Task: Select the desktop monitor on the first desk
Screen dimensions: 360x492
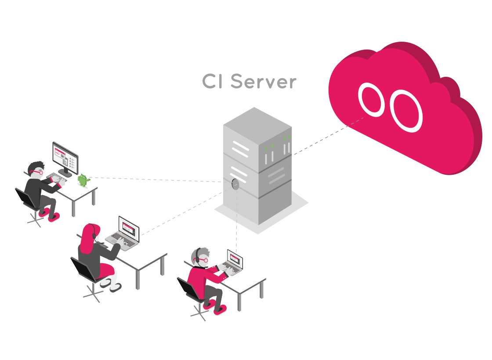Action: [65, 156]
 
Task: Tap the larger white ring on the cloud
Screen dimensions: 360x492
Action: [407, 110]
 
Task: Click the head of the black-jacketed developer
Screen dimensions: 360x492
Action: [35, 169]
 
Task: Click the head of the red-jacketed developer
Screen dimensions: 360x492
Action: [200, 256]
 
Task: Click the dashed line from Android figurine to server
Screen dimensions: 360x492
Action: [154, 179]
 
